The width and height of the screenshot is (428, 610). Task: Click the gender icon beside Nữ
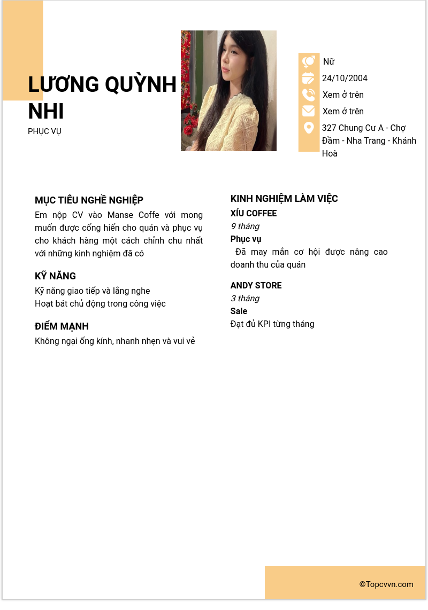(x=309, y=62)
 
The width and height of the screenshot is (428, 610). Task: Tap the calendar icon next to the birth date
(x=309, y=78)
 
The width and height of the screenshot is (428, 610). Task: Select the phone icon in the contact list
(x=309, y=95)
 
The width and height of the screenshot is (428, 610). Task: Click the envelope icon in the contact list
(x=309, y=111)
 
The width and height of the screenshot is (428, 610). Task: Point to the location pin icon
(x=309, y=128)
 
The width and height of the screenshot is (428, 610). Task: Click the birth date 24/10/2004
(x=345, y=78)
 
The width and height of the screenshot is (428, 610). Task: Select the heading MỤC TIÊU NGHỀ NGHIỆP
(x=89, y=200)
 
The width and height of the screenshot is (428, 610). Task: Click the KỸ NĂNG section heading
(x=55, y=276)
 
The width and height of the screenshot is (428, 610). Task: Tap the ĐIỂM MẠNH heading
(x=62, y=326)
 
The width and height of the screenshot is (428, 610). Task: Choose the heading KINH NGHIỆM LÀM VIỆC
(x=284, y=199)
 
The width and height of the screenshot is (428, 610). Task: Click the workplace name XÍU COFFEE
(x=254, y=214)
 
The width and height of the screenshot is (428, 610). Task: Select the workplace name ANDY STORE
(x=256, y=286)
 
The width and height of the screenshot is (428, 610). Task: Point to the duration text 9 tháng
(x=245, y=226)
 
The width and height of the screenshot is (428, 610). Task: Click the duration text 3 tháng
(x=245, y=299)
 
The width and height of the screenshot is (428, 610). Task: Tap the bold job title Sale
(x=239, y=311)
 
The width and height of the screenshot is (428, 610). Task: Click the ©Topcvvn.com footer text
(x=386, y=584)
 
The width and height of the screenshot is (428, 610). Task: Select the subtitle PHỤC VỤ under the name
(x=44, y=131)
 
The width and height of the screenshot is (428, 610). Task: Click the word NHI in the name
(x=46, y=111)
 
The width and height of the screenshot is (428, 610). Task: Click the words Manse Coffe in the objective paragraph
(x=133, y=215)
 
